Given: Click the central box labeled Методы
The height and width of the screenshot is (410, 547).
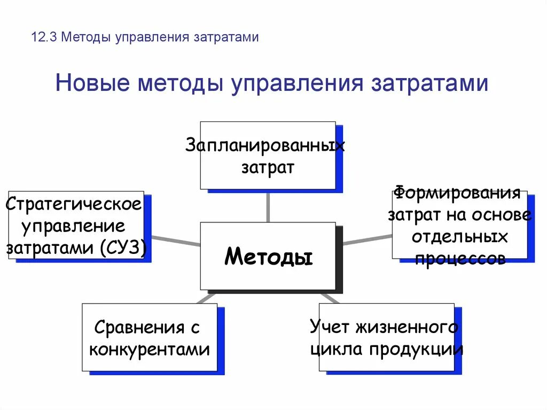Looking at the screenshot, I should [x=268, y=257].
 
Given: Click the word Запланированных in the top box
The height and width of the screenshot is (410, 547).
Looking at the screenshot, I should [x=265, y=145].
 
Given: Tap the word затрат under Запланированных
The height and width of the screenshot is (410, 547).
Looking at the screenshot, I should [x=268, y=168].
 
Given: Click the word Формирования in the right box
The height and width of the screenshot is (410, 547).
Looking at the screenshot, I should [x=457, y=193].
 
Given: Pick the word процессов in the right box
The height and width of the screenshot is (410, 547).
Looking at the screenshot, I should [x=460, y=259].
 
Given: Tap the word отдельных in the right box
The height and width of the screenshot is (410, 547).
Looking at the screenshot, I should [x=460, y=237].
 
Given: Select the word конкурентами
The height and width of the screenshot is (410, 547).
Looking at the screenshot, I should [x=149, y=350].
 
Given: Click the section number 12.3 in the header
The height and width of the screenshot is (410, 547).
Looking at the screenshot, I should [x=43, y=37].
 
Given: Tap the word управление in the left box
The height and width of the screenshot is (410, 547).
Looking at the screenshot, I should [x=74, y=226].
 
